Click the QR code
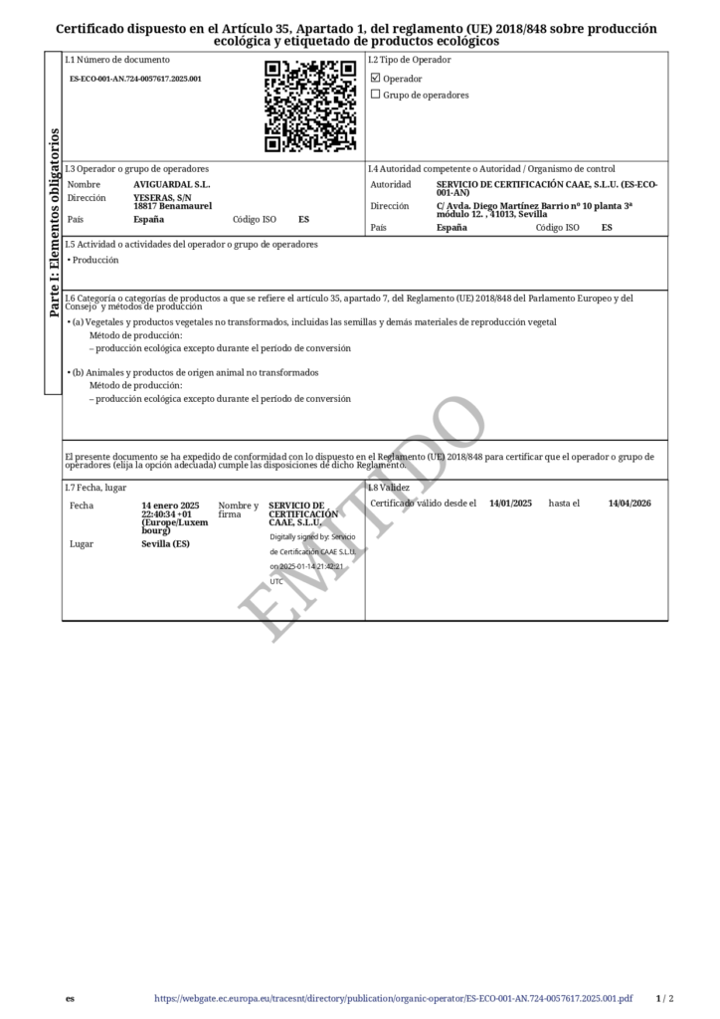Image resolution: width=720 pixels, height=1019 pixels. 310,105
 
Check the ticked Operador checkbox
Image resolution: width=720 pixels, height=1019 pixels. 375,78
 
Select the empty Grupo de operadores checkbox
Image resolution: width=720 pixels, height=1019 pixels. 375,95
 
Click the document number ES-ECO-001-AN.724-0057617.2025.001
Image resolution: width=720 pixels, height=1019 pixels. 135,78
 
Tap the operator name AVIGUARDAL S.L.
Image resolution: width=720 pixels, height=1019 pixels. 171,184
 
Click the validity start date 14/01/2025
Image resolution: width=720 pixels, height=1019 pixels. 510,504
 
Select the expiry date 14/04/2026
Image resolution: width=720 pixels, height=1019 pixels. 630,504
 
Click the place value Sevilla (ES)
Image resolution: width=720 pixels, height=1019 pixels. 165,544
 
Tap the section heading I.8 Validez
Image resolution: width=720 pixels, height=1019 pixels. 389,488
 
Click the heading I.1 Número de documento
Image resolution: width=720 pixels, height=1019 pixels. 117,60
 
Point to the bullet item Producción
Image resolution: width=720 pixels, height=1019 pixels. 95,260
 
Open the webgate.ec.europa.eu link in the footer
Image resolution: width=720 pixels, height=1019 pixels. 393,998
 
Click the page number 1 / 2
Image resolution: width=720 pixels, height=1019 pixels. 665,998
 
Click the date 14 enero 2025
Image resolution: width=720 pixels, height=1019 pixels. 170,505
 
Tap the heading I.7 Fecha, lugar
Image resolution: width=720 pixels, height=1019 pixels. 95,488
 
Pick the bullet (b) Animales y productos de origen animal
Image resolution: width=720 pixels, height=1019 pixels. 193,372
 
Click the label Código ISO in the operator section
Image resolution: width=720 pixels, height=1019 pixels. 255,219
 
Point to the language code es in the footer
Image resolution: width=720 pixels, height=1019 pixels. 70,998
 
